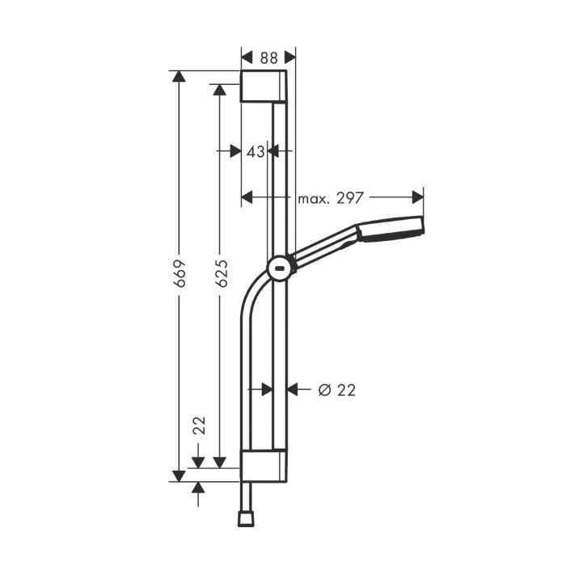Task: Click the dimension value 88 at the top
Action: click(268, 57)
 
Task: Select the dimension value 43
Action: click(256, 151)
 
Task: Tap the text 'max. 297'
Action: click(331, 197)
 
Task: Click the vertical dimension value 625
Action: click(221, 272)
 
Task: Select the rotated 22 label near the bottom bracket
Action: click(200, 426)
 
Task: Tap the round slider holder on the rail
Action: click(279, 268)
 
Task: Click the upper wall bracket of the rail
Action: click(263, 87)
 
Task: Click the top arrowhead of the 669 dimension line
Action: click(179, 77)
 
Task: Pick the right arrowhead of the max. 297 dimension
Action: click(418, 197)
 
